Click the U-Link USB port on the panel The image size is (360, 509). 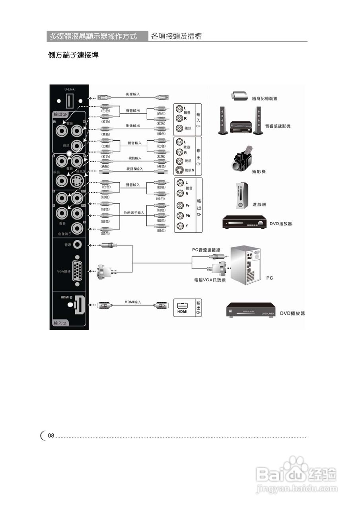69,101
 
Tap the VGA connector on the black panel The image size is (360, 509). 77,271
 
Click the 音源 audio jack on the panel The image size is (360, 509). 77,245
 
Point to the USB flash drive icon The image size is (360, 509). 239,96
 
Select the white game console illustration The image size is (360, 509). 242,196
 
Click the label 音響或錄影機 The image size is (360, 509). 278,126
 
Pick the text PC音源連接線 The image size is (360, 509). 206,250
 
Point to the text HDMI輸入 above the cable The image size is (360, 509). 133,302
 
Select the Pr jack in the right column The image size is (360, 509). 181,206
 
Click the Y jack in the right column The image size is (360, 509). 181,226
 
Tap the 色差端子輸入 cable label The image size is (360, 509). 134,213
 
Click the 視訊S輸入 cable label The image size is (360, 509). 134,169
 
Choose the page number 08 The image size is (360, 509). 51,436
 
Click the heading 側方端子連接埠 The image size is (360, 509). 73,55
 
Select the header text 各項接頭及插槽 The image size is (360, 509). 176,36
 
